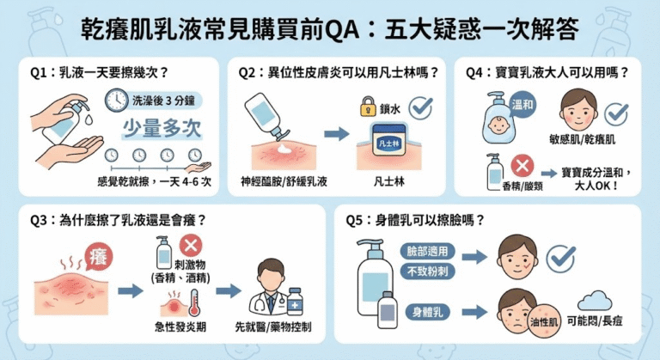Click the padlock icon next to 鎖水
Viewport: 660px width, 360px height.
[368, 107]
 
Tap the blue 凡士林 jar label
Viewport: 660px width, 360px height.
[389, 143]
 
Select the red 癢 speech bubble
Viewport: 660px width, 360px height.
[100, 256]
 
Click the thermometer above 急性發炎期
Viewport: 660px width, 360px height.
[194, 302]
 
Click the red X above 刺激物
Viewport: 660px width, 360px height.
[191, 246]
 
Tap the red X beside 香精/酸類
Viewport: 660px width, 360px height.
[522, 166]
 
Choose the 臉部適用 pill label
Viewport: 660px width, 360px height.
[427, 252]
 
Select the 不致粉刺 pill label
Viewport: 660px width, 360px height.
[427, 272]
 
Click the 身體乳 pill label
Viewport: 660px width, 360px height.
[427, 313]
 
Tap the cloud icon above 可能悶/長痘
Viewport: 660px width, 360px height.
[595, 301]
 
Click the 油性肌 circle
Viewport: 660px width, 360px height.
[544, 322]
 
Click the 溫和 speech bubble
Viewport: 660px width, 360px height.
[522, 105]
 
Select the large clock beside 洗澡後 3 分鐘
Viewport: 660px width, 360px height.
[116, 101]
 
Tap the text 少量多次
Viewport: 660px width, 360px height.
[162, 128]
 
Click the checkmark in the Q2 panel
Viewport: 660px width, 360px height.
[421, 107]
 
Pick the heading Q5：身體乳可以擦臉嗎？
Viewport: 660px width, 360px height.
[414, 220]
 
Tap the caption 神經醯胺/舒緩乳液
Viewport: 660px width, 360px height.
[284, 182]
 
